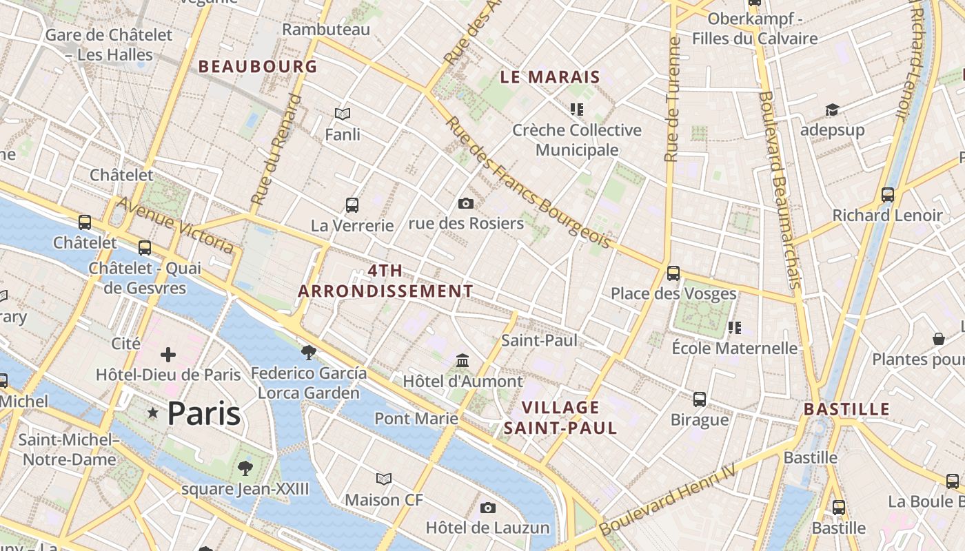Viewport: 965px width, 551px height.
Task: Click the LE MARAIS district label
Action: (x=550, y=77)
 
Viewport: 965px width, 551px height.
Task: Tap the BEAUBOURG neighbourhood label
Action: (x=258, y=67)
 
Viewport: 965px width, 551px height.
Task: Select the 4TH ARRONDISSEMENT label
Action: (x=385, y=281)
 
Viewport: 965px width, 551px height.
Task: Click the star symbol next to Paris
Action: (x=152, y=413)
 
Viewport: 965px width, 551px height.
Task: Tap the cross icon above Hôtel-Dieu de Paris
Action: (x=167, y=355)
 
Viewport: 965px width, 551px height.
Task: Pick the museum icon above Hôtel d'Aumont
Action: (x=463, y=360)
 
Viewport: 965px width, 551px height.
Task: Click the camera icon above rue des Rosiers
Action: (x=466, y=203)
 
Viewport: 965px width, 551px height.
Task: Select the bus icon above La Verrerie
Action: (x=352, y=205)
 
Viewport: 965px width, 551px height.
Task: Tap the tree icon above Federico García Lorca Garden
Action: (x=309, y=353)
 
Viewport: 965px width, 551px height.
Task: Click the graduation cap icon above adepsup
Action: (x=832, y=110)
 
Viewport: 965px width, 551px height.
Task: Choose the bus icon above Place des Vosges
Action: (x=673, y=273)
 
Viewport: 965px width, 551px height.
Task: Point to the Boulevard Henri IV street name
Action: (x=667, y=501)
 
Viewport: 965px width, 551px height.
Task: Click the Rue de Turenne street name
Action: (x=672, y=100)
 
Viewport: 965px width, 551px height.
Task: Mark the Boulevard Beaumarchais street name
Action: (x=779, y=189)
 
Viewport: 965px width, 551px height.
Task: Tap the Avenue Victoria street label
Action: (x=175, y=225)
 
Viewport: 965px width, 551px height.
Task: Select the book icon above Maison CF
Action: (x=384, y=479)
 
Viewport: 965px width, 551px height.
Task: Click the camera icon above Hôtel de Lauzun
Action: (x=488, y=508)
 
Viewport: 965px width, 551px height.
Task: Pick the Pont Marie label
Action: (x=416, y=418)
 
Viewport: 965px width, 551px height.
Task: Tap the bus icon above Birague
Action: (x=700, y=399)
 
